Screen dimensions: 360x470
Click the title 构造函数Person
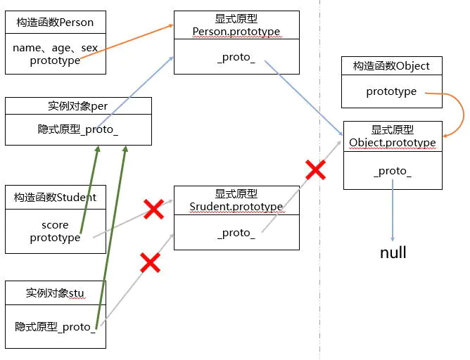point(55,22)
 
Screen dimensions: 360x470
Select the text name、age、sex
point(55,48)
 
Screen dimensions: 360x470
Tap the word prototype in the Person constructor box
point(55,61)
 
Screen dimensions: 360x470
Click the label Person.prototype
point(236,32)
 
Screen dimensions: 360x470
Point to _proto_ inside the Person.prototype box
point(236,57)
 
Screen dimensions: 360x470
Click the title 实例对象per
point(77,106)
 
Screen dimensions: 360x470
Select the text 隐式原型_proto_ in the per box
point(77,130)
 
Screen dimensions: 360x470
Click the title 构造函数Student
point(55,197)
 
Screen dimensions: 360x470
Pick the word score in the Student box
point(55,225)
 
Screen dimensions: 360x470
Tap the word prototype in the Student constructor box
point(55,238)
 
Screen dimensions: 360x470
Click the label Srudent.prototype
point(236,207)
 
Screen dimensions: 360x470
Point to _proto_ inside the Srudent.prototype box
point(236,233)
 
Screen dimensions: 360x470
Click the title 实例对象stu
point(55,292)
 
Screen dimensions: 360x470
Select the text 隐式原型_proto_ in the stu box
point(55,326)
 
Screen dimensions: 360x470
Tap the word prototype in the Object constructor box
point(391,91)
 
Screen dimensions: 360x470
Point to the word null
point(393,252)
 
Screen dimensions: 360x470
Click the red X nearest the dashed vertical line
point(315,169)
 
